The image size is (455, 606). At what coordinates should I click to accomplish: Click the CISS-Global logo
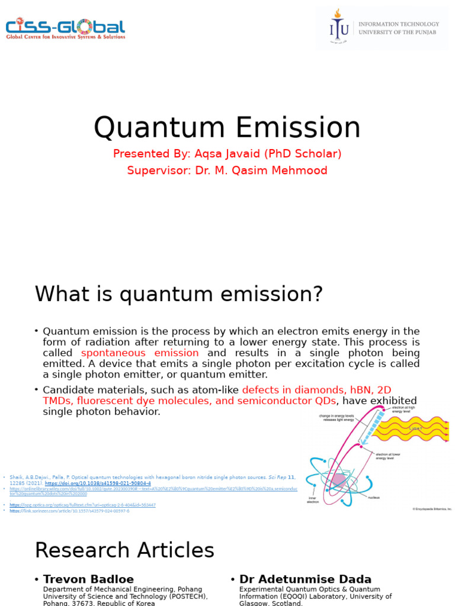point(65,28)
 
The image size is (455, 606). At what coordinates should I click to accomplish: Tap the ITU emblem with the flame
point(338,27)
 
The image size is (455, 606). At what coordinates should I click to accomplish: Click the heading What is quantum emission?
point(179,294)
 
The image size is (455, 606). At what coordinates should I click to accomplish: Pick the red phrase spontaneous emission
point(140,353)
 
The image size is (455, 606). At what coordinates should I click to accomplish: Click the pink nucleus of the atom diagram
point(339,480)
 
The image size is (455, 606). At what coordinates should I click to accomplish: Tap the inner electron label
point(313,499)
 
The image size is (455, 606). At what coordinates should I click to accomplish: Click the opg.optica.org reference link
point(82,505)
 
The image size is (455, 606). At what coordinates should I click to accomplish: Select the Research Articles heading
point(124,550)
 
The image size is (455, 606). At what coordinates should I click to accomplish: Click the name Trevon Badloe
point(88,579)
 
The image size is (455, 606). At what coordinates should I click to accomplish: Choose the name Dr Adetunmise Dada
point(305,579)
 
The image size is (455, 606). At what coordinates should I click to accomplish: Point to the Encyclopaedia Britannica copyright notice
point(432,509)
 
